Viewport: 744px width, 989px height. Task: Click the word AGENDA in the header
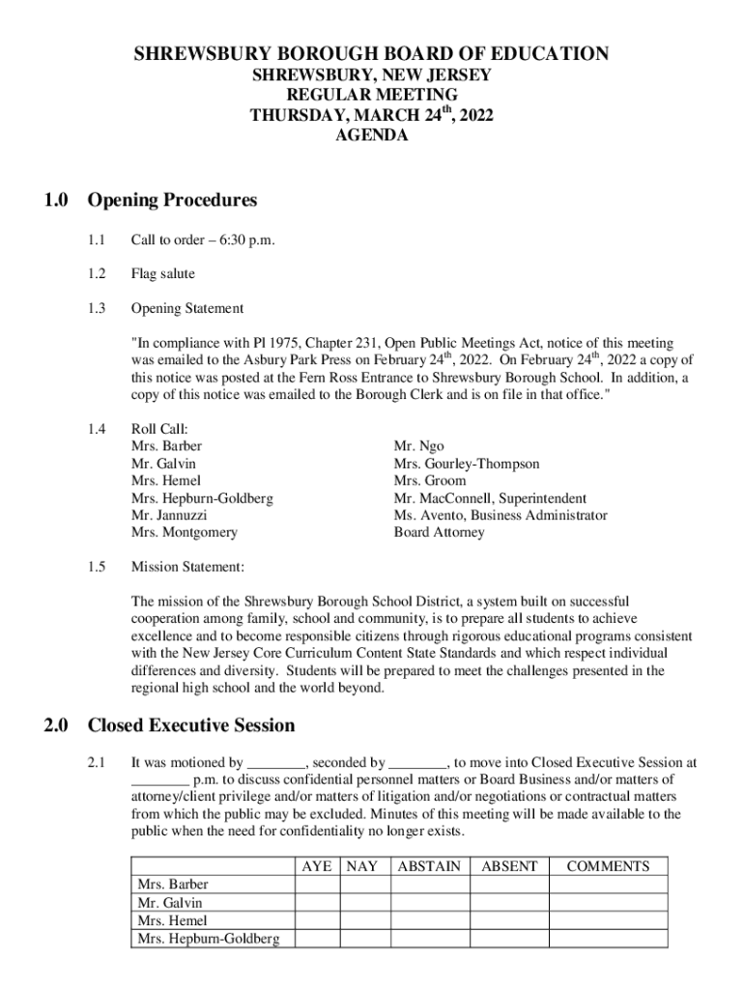[371, 136]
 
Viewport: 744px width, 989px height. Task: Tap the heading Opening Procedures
[172, 201]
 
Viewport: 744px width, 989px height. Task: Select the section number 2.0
[54, 725]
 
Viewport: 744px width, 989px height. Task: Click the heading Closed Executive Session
[191, 725]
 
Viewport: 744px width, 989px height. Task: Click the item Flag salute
[162, 274]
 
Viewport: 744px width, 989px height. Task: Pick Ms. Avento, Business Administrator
[501, 516]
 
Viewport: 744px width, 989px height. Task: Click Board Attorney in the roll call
[439, 532]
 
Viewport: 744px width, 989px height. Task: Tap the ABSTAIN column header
[429, 867]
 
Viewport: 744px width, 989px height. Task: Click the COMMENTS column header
[608, 867]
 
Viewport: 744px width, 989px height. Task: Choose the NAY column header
[362, 867]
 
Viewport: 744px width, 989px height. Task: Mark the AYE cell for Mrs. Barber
[316, 885]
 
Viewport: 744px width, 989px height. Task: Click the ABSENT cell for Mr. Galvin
[509, 903]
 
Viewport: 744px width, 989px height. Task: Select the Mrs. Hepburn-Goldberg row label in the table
[209, 939]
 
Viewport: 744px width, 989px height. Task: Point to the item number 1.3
[95, 309]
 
